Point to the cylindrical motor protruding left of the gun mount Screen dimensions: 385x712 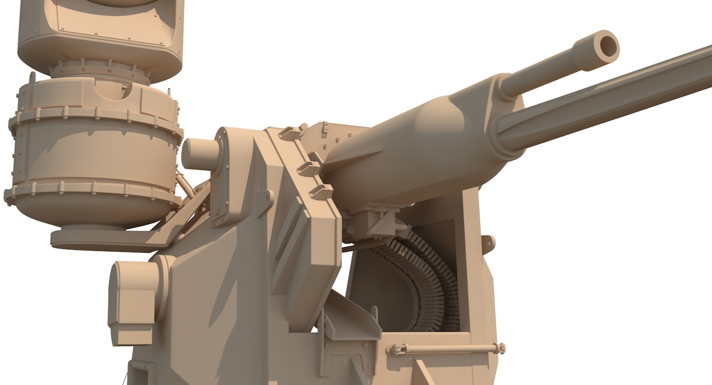(x=198, y=154)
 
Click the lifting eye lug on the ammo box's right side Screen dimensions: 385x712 (x=489, y=243)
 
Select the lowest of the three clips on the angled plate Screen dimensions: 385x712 (x=321, y=191)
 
